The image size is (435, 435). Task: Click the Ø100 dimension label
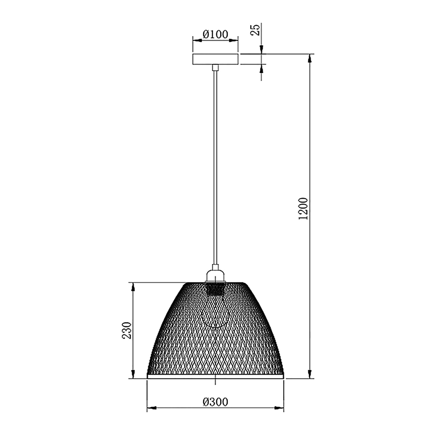[215, 35]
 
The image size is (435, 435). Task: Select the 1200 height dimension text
[303, 208]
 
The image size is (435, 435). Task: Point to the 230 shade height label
[127, 330]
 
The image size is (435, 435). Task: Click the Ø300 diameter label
[215, 402]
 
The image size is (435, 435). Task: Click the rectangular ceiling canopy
[215, 59]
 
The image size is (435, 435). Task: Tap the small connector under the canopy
[215, 68]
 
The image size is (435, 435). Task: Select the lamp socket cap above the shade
[215, 275]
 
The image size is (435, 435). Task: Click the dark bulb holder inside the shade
[215, 289]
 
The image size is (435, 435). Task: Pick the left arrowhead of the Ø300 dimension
[152, 408]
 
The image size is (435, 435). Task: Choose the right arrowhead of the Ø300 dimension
[279, 408]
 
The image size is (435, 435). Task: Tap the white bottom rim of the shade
[215, 376]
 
